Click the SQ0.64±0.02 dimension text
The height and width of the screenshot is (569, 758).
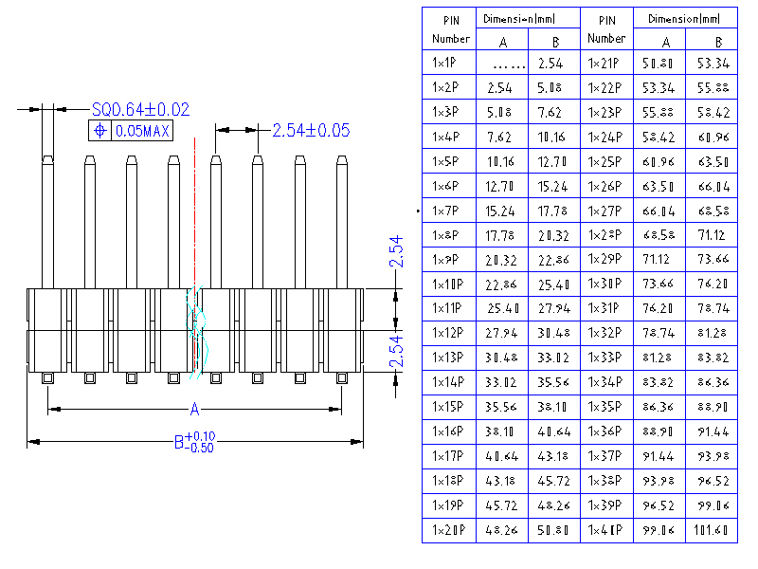pos(140,110)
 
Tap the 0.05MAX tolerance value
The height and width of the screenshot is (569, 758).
pos(142,131)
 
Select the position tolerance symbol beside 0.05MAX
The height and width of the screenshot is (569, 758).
pos(99,131)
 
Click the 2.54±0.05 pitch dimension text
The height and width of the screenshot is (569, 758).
pos(311,130)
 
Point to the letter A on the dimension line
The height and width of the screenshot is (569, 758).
pos(195,410)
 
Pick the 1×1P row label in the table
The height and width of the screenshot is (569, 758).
pos(445,64)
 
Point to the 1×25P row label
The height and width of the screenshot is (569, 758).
pos(605,162)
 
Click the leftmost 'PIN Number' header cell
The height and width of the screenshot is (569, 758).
pos(451,29)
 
